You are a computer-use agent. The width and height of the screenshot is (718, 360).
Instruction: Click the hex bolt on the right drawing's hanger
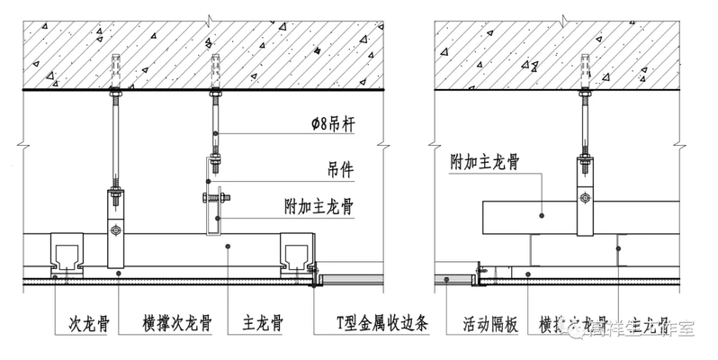587,199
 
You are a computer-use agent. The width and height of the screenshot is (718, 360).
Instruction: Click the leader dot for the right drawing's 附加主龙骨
543,213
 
